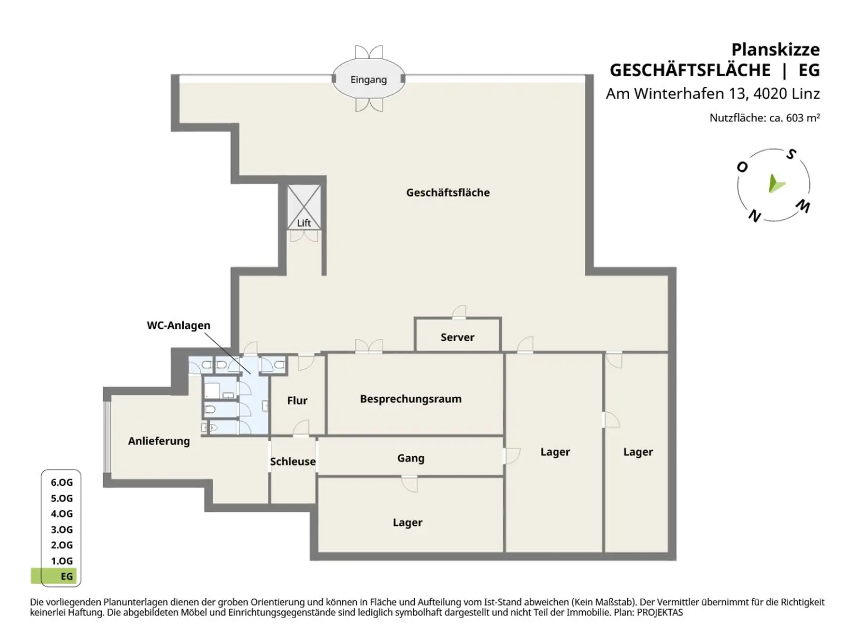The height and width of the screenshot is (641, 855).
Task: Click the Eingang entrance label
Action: tap(368, 80)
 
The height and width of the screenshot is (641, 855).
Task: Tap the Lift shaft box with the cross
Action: tap(304, 207)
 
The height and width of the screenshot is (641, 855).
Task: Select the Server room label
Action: tap(458, 337)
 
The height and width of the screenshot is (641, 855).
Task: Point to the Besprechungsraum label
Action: tap(411, 399)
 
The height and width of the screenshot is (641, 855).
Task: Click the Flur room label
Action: tap(297, 401)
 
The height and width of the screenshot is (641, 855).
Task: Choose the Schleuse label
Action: tap(293, 461)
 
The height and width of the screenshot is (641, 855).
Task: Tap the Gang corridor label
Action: tap(411, 458)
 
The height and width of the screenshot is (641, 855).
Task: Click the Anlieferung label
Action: tap(159, 441)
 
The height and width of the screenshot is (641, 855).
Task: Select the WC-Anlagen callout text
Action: tap(178, 326)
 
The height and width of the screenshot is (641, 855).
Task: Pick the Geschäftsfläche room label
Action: tap(448, 193)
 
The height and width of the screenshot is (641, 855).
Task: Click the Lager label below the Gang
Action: tap(407, 522)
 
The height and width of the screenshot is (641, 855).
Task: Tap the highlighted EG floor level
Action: tap(67, 576)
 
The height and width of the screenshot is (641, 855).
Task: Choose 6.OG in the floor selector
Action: tap(62, 482)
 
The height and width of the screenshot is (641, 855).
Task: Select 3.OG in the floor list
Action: tap(62, 529)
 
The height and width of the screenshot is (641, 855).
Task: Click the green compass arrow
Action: tap(776, 185)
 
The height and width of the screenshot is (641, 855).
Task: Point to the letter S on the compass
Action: tap(791, 155)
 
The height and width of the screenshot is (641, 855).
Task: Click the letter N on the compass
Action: tap(754, 216)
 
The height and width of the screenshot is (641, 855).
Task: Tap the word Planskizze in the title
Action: tap(775, 50)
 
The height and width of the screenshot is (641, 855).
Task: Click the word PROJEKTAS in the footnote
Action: tap(660, 612)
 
